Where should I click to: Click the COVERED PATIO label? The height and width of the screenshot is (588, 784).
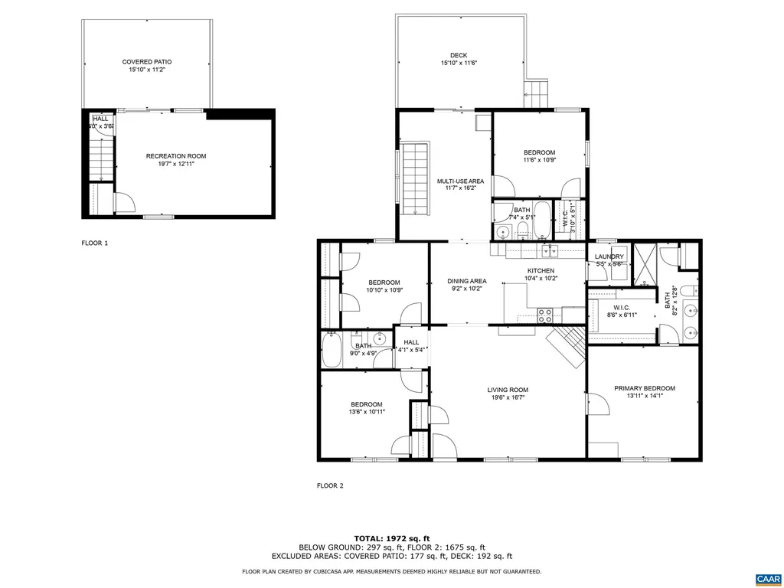click(147, 61)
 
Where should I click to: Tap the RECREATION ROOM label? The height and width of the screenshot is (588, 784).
click(176, 156)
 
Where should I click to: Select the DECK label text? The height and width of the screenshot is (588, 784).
click(459, 55)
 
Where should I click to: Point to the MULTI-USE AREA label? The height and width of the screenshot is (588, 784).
click(461, 181)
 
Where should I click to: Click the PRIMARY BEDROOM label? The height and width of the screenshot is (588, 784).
click(645, 388)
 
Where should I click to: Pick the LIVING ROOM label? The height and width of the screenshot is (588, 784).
click(508, 390)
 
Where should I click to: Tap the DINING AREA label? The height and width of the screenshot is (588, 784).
click(467, 281)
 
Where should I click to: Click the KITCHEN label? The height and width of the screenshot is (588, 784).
click(540, 271)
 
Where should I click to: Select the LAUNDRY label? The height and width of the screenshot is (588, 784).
click(609, 256)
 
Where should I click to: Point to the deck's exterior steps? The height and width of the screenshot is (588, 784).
click(537, 93)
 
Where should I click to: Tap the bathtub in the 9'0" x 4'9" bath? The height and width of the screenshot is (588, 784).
click(333, 351)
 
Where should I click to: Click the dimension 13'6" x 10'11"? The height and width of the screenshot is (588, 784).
click(367, 412)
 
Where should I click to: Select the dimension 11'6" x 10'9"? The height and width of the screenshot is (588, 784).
click(539, 160)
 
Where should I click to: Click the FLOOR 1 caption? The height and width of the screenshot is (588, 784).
click(95, 243)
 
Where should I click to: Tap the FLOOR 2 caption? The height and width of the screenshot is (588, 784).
click(330, 485)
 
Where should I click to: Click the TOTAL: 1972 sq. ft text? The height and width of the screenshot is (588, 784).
click(391, 537)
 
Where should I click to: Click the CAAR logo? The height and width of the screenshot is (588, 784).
click(766, 578)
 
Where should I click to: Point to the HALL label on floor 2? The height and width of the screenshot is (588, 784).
click(411, 342)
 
